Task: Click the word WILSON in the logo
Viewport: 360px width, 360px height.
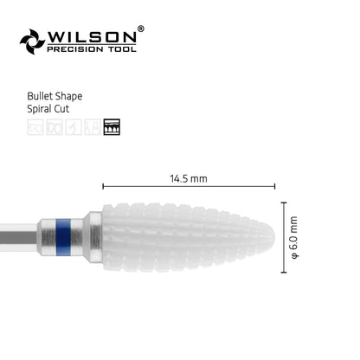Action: pos(92,37)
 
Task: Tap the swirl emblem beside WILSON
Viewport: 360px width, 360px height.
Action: pos(32,42)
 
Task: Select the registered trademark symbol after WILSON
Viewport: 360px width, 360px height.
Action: pos(140,29)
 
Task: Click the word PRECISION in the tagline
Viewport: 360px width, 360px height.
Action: pos(75,49)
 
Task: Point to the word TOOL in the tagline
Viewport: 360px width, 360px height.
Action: pos(122,49)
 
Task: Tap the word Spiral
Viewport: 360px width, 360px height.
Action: pos(40,109)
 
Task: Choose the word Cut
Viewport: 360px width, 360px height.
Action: pos(62,109)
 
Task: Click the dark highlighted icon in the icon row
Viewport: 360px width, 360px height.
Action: pos(112,127)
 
